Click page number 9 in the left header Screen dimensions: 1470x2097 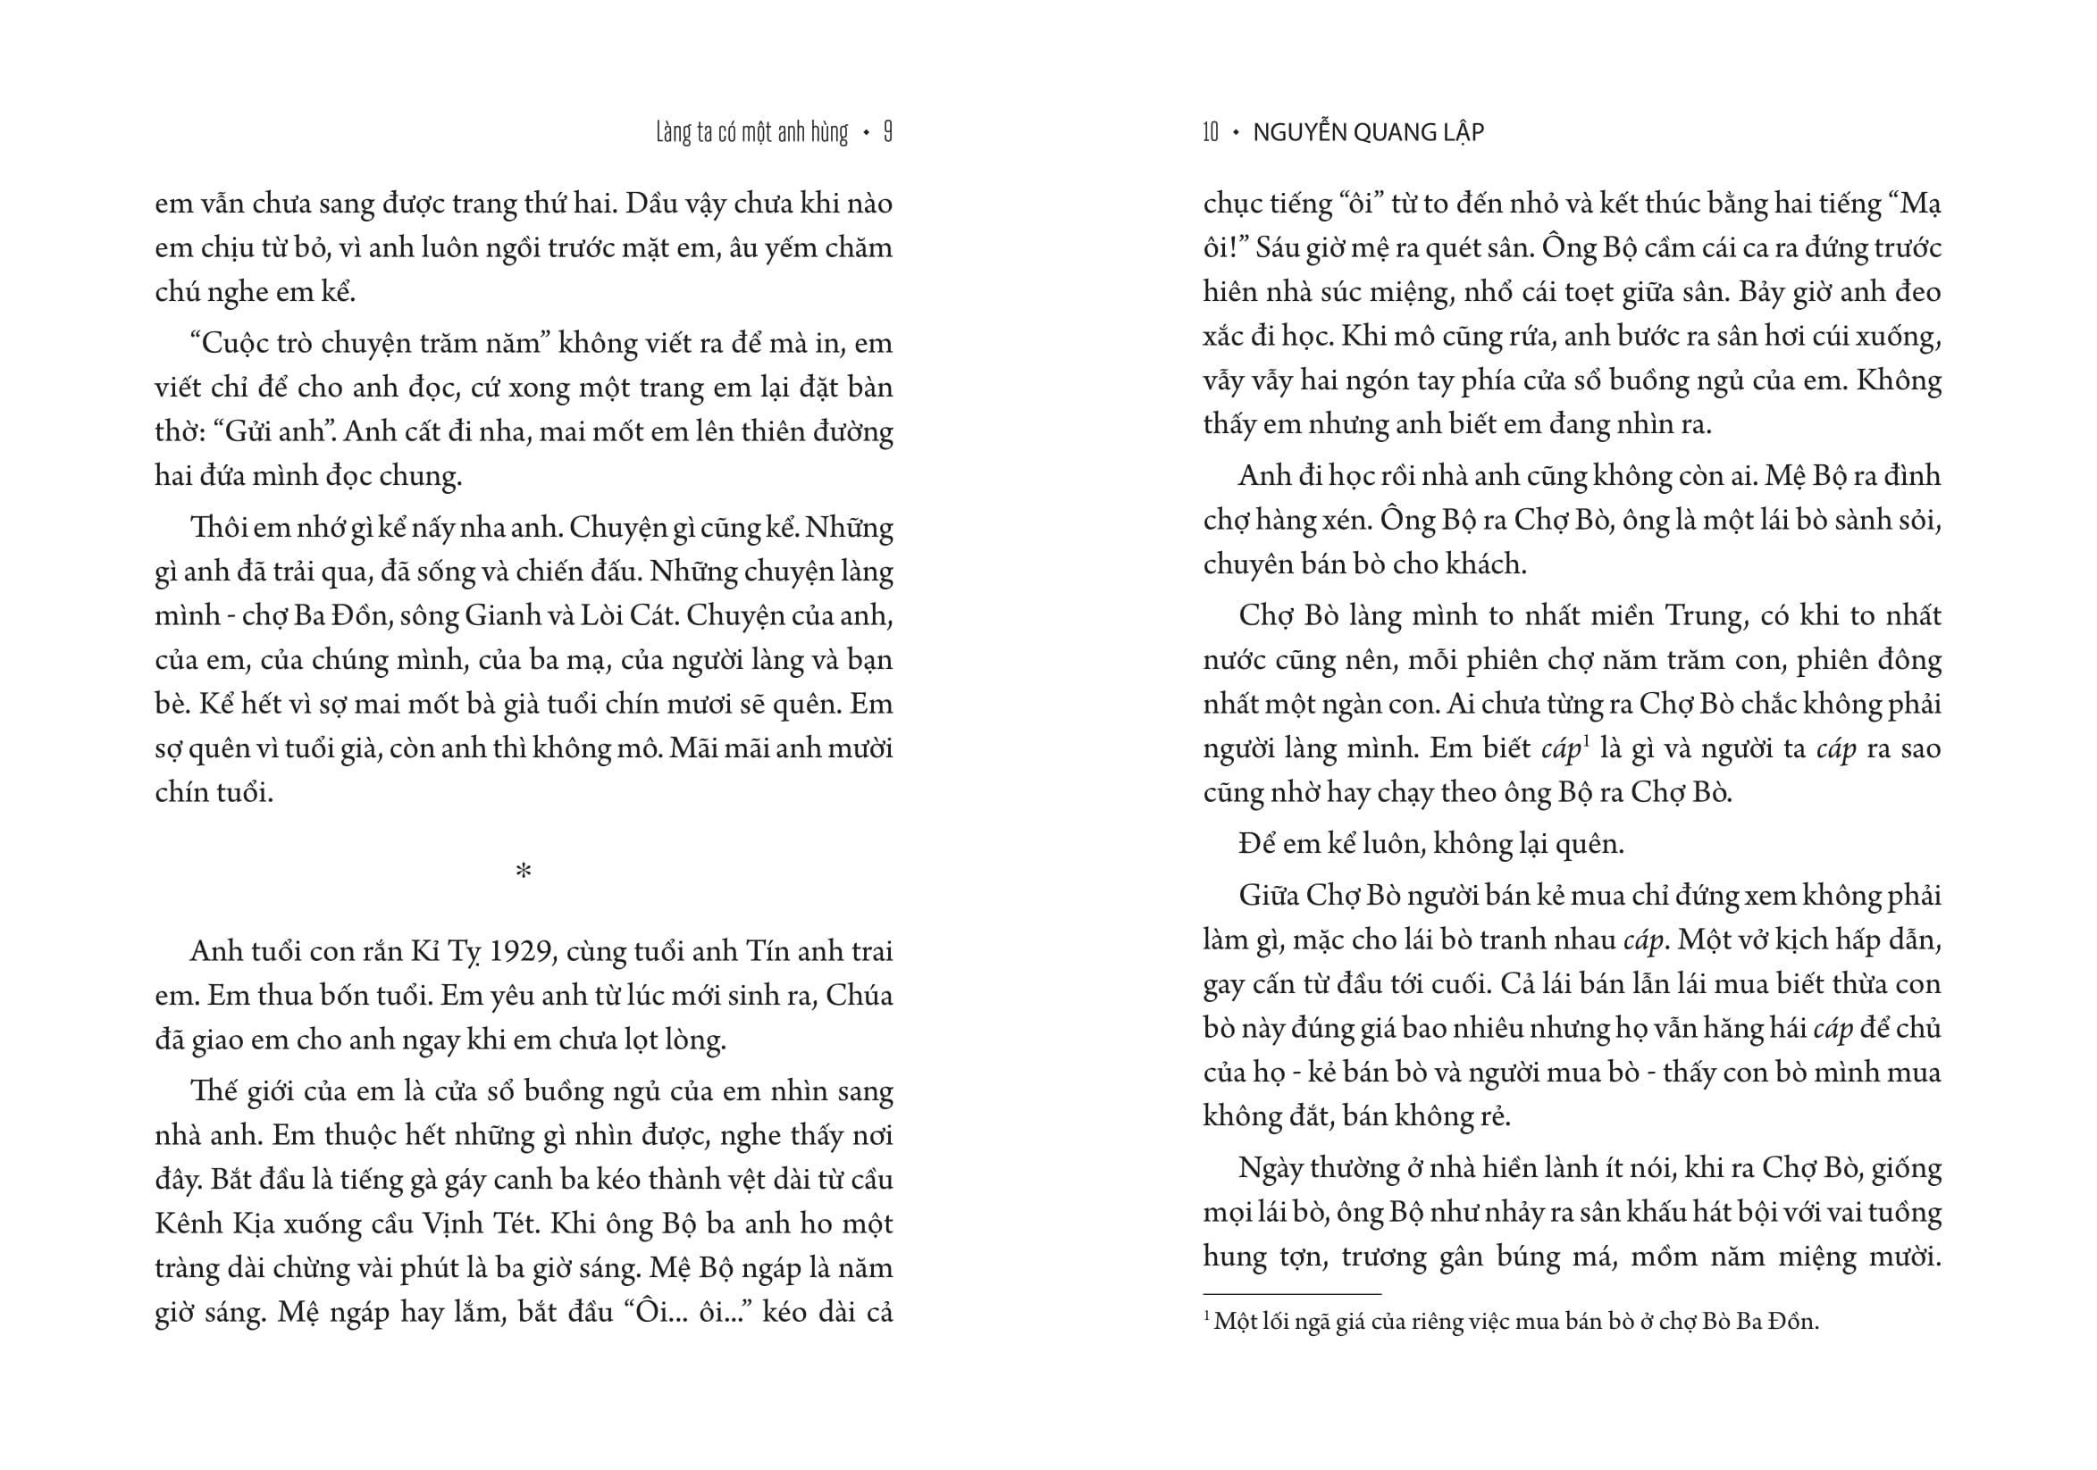(x=888, y=133)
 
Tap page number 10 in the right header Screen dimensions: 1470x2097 (x=1210, y=133)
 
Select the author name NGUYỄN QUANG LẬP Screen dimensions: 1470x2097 (x=1368, y=133)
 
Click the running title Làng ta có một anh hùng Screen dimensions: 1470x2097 (x=751, y=133)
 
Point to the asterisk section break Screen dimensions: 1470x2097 (x=524, y=872)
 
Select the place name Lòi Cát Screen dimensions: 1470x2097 (x=628, y=616)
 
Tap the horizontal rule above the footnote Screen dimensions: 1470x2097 (x=1291, y=1294)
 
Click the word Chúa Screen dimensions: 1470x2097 (x=859, y=996)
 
